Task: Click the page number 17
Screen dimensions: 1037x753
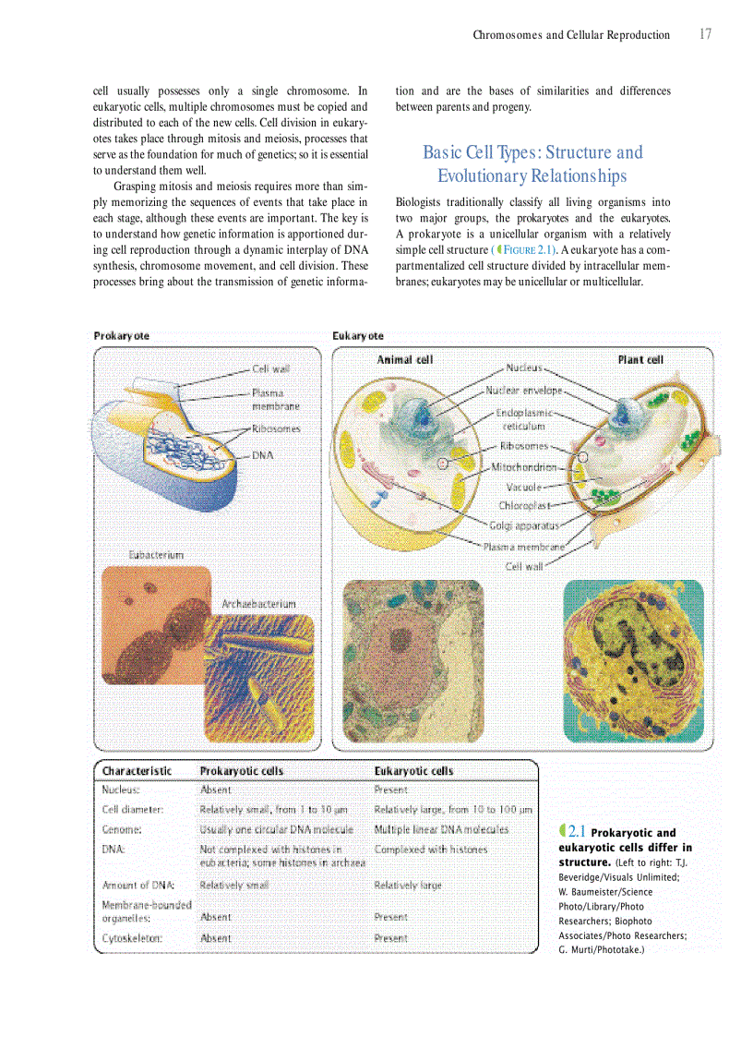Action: coord(705,34)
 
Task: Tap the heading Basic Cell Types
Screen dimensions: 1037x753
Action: coord(532,163)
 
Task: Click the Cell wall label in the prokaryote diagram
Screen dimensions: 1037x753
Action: coord(271,368)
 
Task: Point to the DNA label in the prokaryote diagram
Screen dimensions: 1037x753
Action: coord(263,454)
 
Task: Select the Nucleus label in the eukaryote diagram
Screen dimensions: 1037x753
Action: coord(524,368)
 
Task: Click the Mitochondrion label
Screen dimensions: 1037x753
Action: coord(523,466)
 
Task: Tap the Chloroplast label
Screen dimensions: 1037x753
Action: coord(524,505)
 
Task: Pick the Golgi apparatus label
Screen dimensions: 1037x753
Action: coord(523,525)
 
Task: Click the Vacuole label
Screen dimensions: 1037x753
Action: coord(523,486)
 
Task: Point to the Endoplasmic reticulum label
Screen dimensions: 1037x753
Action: coord(524,419)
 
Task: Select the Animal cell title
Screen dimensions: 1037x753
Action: coord(404,359)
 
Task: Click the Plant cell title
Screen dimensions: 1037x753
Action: coord(640,359)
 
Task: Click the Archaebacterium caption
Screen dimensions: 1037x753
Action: coord(258,603)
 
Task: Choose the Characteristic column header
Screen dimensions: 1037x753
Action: coord(137,770)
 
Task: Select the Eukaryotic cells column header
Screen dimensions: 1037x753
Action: coord(413,770)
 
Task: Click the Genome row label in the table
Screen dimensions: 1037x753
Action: coord(121,829)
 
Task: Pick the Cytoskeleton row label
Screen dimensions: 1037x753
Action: coord(133,937)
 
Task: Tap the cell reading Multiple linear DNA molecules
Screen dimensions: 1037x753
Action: coord(441,829)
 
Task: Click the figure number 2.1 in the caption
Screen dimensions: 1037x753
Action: coord(572,832)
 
